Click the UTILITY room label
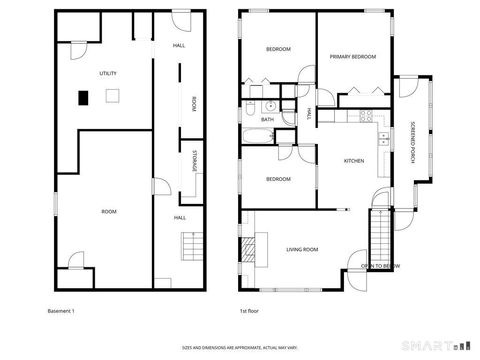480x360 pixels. [108, 75]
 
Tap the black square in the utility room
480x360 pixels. [84, 97]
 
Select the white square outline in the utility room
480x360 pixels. [113, 96]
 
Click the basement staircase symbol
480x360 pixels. [189, 246]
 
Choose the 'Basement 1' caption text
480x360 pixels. [61, 311]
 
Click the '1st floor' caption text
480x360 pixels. [250, 311]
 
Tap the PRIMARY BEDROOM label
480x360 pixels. [354, 57]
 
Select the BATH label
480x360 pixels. [268, 119]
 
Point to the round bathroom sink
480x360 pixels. [270, 105]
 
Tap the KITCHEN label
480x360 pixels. [354, 161]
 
